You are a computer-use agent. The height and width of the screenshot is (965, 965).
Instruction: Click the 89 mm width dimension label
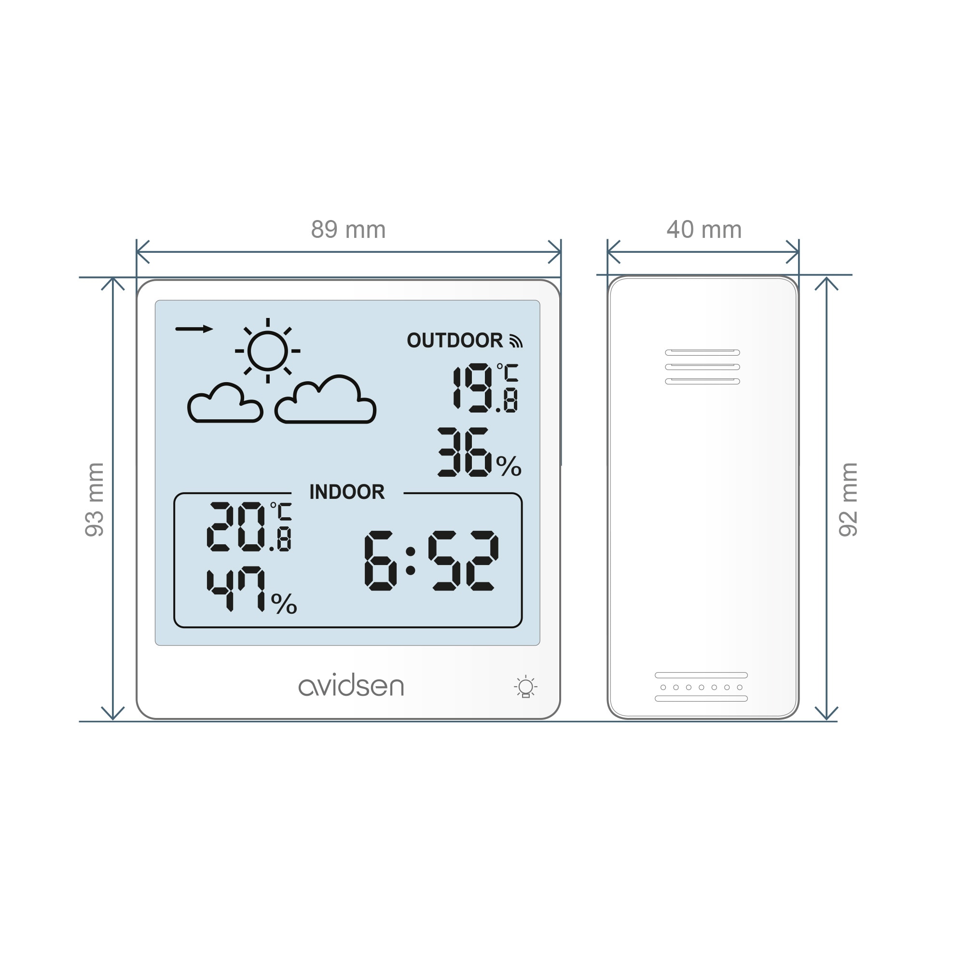pyautogui.click(x=348, y=230)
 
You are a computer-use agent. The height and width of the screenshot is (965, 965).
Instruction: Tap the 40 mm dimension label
pyautogui.click(x=704, y=230)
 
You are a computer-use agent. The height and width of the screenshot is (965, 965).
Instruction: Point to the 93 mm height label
pyautogui.click(x=95, y=499)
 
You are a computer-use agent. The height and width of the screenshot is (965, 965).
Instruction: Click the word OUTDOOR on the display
pyautogui.click(x=455, y=340)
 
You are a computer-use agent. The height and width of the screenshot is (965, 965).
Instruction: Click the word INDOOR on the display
pyautogui.click(x=347, y=492)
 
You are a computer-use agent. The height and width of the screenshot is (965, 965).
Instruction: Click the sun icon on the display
pyautogui.click(x=268, y=351)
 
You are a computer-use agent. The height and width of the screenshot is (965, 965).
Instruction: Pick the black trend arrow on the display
pyautogui.click(x=194, y=329)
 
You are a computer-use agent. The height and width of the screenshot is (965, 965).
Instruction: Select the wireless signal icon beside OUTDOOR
pyautogui.click(x=515, y=341)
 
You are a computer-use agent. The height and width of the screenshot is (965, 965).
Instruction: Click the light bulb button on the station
pyautogui.click(x=525, y=687)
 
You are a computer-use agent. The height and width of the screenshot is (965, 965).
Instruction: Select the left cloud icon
pyautogui.click(x=225, y=403)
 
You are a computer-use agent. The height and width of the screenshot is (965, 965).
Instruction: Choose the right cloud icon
pyautogui.click(x=325, y=399)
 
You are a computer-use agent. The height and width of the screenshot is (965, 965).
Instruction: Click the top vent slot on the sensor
pyautogui.click(x=702, y=353)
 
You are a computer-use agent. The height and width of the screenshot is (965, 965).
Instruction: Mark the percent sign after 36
pyautogui.click(x=509, y=466)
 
